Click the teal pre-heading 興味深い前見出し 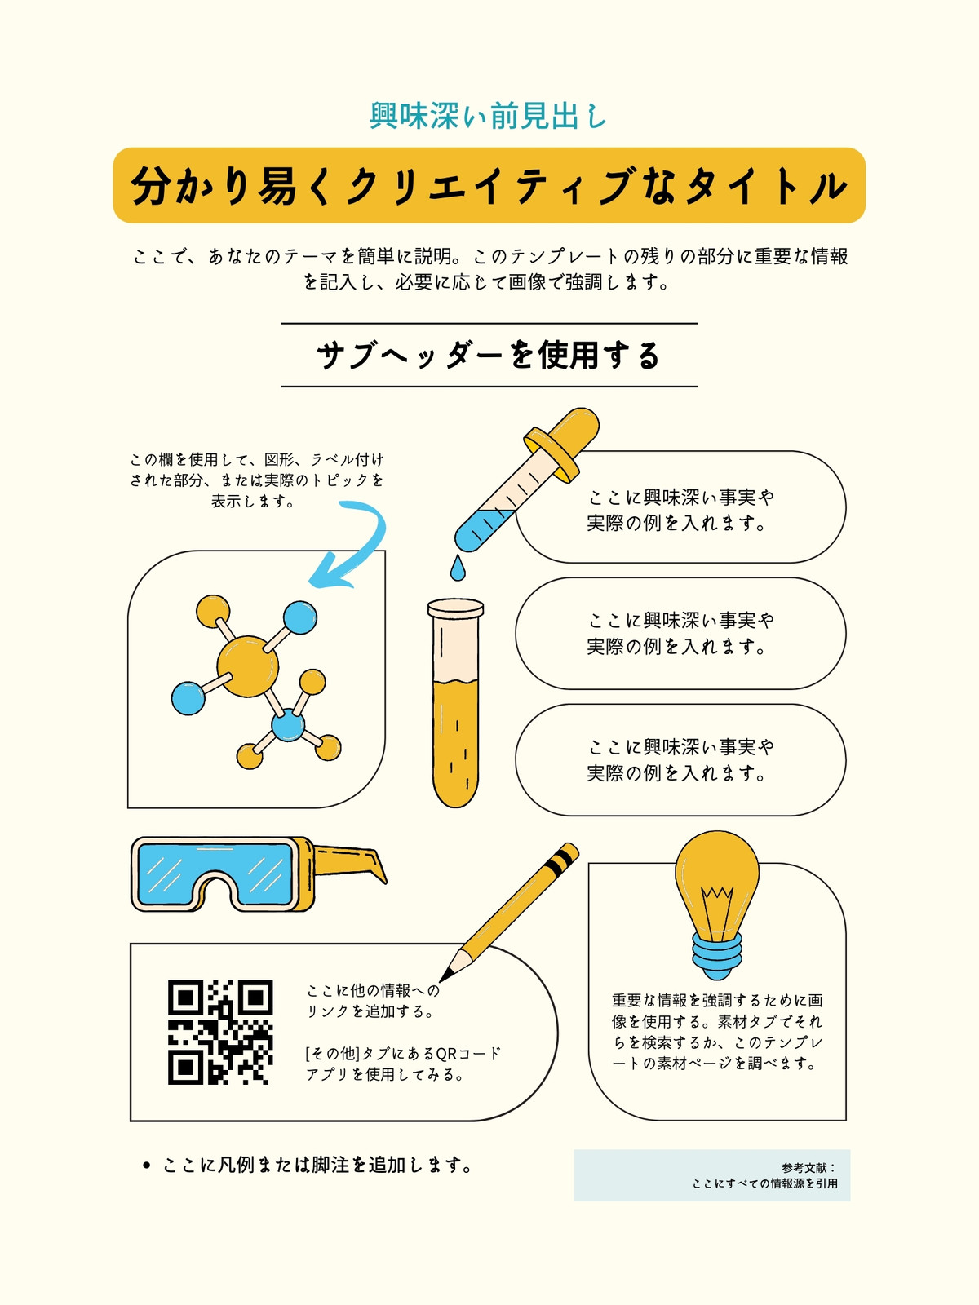(488, 116)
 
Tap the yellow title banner (489, 185)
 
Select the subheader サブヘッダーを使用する (489, 356)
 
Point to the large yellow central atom (247, 666)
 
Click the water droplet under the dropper (458, 568)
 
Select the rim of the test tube (455, 608)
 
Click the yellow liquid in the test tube (456, 743)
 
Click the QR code (220, 1033)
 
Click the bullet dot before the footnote (147, 1166)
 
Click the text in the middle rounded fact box (680, 633)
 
